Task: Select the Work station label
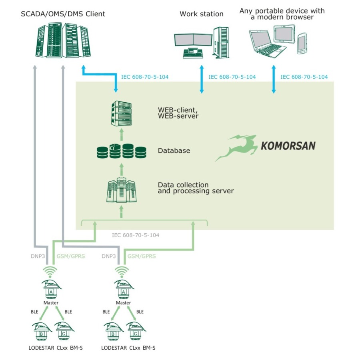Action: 201,14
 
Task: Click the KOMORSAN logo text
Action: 288,145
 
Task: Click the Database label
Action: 174,151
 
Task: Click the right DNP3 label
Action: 109,256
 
